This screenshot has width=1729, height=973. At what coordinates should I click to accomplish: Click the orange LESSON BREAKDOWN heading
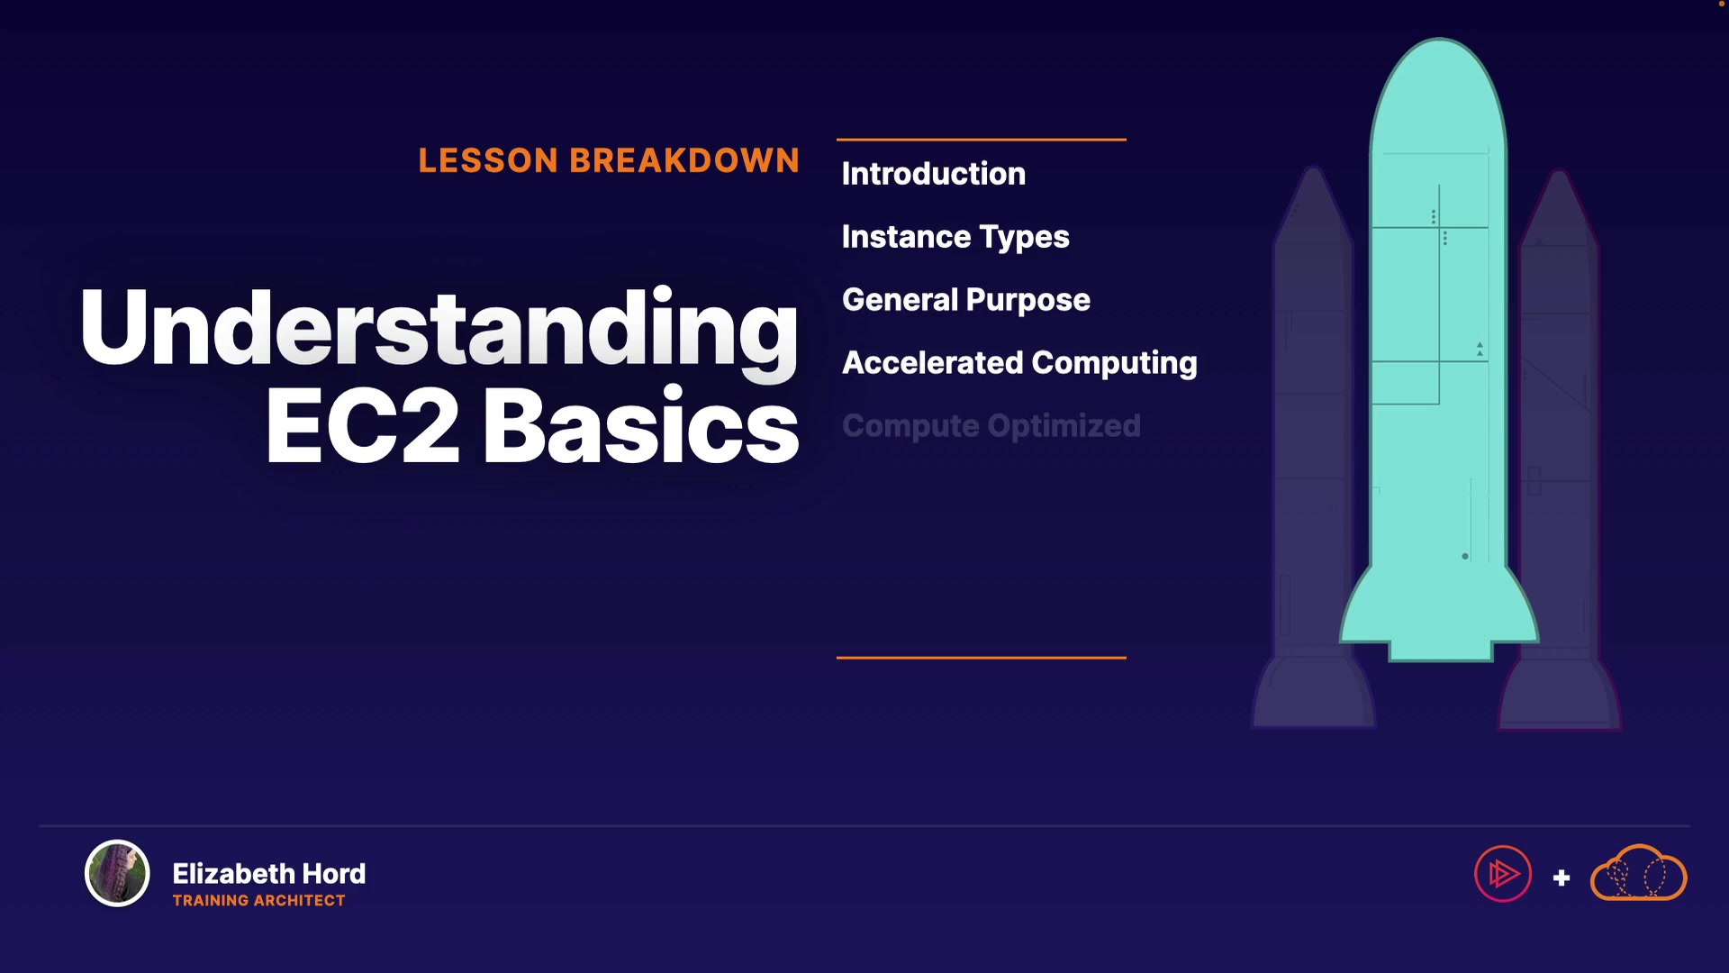pos(609,160)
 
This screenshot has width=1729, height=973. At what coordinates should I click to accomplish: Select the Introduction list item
pos(934,174)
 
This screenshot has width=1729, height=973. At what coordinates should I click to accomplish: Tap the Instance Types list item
pos(955,237)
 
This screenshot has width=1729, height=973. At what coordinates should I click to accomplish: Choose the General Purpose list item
pos(966,300)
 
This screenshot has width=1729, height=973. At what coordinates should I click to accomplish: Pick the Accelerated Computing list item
pos(1019,363)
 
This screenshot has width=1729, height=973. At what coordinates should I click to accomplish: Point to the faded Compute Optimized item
pos(991,426)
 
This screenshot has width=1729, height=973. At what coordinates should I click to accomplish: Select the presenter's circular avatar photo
pos(117,873)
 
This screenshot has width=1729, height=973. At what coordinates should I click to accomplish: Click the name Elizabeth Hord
pos(269,873)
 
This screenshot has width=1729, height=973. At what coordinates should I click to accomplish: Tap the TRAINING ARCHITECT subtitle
pos(258,900)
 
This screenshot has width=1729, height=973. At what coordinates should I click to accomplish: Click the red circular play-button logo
pos(1503,873)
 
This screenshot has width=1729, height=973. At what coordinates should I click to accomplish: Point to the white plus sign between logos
pos(1562,878)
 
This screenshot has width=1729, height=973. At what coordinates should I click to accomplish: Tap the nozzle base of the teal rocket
pos(1440,649)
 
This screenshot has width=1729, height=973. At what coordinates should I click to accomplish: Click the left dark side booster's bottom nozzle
pos(1314,694)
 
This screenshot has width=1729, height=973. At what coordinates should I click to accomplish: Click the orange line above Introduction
pos(982,140)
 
